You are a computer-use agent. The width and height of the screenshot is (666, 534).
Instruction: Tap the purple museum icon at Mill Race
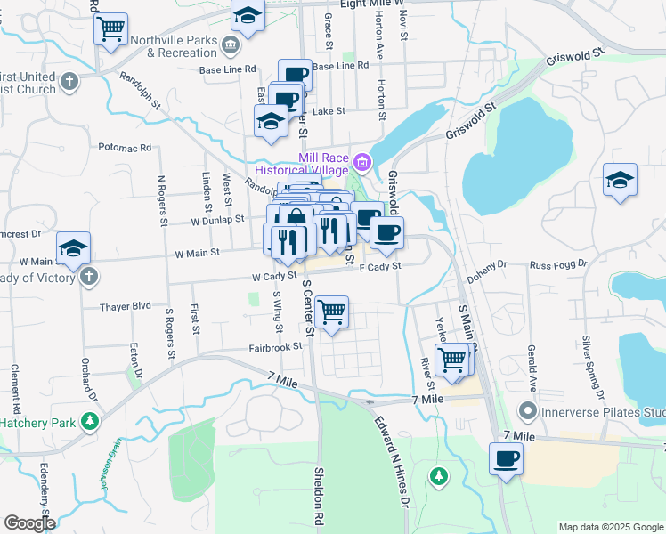click(362, 163)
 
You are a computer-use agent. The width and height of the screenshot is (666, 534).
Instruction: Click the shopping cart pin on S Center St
click(331, 313)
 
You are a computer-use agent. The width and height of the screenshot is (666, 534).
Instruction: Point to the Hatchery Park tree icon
click(89, 420)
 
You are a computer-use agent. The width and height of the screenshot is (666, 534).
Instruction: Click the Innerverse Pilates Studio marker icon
click(528, 411)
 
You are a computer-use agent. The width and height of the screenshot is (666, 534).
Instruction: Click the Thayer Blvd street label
click(127, 304)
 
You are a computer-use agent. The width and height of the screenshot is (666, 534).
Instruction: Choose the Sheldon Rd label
click(318, 494)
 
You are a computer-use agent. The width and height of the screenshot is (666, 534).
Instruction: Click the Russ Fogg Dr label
click(558, 264)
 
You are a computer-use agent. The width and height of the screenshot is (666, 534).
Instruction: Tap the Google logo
click(29, 523)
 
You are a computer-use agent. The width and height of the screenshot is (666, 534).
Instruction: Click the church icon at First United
click(69, 82)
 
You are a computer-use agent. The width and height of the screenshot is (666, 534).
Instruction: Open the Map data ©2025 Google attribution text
click(610, 527)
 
